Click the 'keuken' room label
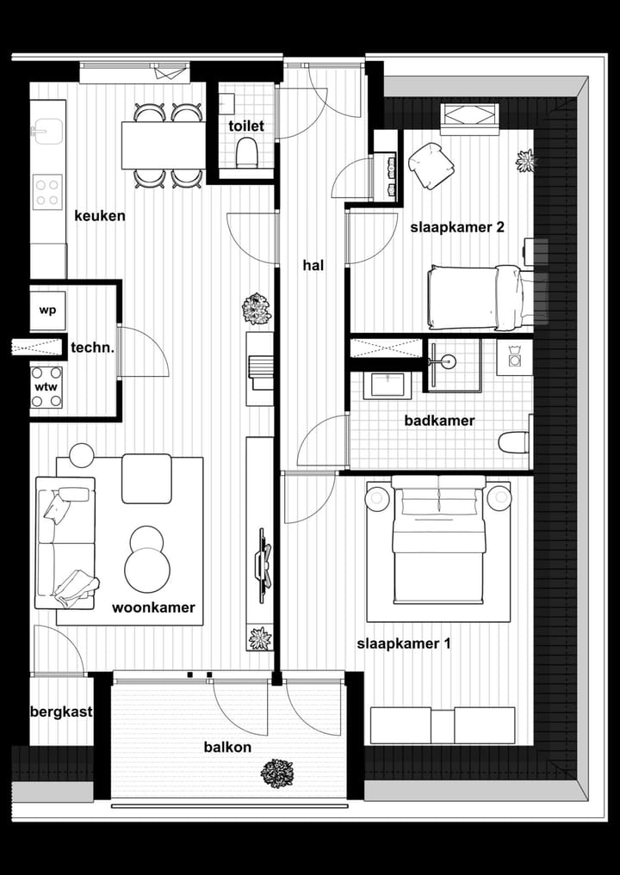pyautogui.click(x=99, y=216)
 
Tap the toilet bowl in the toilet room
pyautogui.click(x=246, y=153)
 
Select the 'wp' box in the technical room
pyautogui.click(x=47, y=311)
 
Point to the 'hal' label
pyautogui.click(x=313, y=266)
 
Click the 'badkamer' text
pyautogui.click(x=439, y=421)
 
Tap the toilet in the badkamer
pyautogui.click(x=514, y=441)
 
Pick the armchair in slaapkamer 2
pyautogui.click(x=431, y=164)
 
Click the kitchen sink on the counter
pyautogui.click(x=42, y=132)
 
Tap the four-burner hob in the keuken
pyautogui.click(x=47, y=192)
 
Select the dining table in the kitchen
pyautogui.click(x=163, y=145)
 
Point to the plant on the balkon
pyautogui.click(x=276, y=772)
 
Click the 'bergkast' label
pyautogui.click(x=61, y=712)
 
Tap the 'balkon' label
pyautogui.click(x=227, y=747)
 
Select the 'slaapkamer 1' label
pyautogui.click(x=403, y=644)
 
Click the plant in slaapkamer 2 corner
pyautogui.click(x=524, y=160)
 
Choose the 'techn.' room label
pyautogui.click(x=93, y=348)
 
